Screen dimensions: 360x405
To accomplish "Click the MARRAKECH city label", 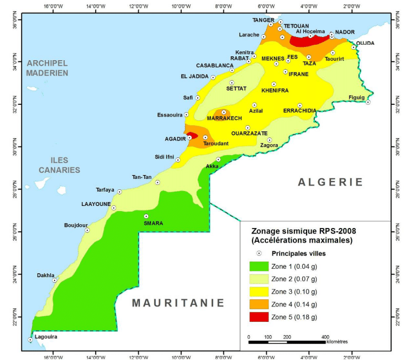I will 224,119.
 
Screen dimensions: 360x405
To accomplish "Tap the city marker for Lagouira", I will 30,340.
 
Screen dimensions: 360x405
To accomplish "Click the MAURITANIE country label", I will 178,303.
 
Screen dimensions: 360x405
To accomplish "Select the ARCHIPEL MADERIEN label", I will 47,67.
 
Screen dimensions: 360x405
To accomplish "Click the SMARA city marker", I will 146,216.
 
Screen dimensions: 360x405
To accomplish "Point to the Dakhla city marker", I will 55,280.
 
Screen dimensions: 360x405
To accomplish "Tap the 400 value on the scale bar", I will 325,337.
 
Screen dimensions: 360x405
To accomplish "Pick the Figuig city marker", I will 367,102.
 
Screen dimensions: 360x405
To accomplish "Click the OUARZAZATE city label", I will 249,134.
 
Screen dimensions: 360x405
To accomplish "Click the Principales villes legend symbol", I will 260,253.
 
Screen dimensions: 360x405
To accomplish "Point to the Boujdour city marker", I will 87,230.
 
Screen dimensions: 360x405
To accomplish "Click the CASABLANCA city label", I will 215,65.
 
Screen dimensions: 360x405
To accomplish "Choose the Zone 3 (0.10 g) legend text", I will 293,292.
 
